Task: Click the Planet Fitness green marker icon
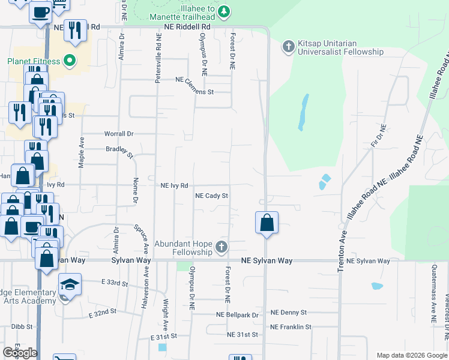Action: pos(70,61)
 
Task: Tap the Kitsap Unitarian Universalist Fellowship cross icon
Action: pos(288,46)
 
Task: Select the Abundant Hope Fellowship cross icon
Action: pos(222,247)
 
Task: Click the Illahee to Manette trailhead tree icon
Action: pos(223,11)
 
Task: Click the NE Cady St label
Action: pos(212,196)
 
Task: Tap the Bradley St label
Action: pos(119,152)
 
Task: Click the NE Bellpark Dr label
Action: pos(238,315)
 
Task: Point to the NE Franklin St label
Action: pos(291,327)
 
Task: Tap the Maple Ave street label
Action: pos(81,149)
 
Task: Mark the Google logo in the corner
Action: pos(20,353)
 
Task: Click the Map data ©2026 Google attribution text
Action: pos(411,355)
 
